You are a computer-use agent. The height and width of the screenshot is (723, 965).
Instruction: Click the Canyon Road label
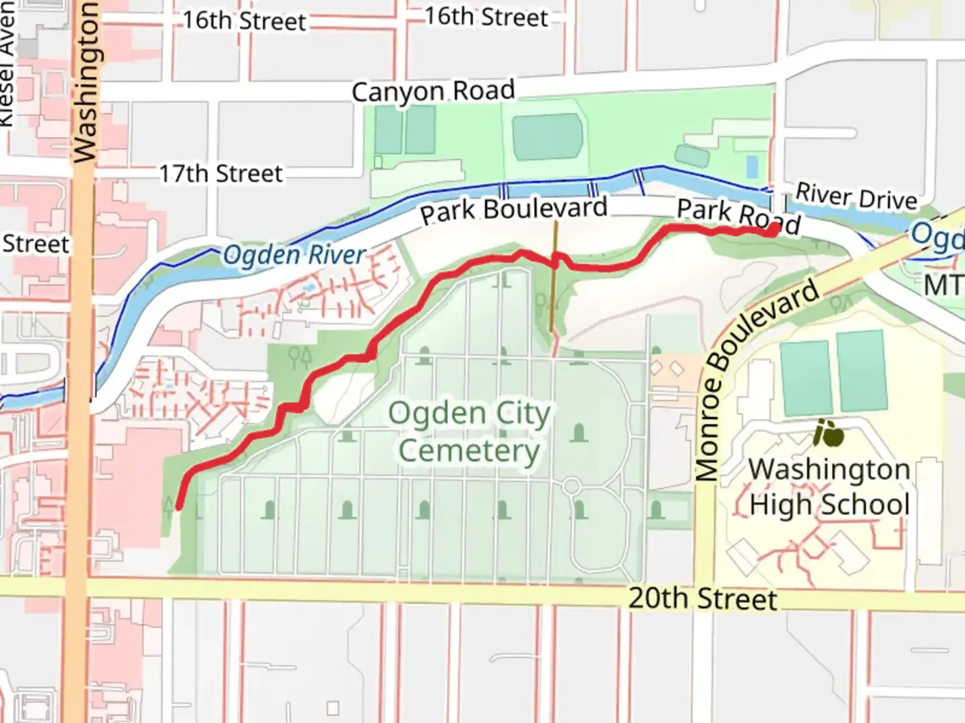[433, 91]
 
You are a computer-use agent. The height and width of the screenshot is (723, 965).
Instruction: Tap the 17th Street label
[220, 174]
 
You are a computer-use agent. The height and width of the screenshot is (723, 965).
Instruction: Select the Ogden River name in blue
[294, 255]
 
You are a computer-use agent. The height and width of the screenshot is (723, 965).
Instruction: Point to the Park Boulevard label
[513, 210]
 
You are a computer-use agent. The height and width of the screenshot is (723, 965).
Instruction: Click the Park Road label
[738, 216]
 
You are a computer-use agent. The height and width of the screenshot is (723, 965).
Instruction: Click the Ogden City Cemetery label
[469, 432]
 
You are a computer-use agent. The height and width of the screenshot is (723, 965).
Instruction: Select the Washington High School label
[829, 487]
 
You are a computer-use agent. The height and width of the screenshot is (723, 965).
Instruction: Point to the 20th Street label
[702, 598]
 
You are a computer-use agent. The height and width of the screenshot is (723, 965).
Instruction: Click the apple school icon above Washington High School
[828, 434]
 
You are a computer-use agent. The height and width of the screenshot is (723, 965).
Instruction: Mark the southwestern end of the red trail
[179, 507]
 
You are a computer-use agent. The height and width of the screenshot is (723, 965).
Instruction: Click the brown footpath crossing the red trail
[554, 295]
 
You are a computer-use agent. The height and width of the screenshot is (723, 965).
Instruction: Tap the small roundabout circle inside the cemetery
[571, 486]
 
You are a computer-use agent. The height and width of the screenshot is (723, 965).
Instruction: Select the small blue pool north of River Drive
[752, 166]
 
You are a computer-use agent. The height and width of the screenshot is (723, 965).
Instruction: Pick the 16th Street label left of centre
[244, 21]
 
